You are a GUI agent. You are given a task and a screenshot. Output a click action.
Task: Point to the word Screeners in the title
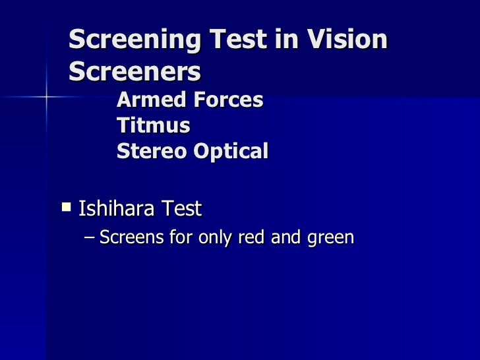click(135, 72)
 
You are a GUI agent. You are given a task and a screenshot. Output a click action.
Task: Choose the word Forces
click(225, 100)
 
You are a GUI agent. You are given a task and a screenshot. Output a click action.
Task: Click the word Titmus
click(153, 125)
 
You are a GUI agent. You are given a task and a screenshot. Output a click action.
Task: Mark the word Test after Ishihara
click(182, 210)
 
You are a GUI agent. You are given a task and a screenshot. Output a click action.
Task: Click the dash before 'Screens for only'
click(90, 237)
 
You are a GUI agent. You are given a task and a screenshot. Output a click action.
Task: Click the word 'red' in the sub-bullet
click(253, 237)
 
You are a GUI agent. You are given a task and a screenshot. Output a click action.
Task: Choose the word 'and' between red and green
click(286, 237)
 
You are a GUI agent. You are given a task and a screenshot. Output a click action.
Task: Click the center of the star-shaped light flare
click(47, 97)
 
